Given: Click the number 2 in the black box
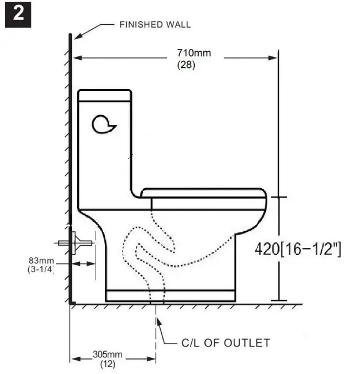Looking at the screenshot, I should click(x=18, y=14).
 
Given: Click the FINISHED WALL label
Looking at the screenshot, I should click(x=154, y=25).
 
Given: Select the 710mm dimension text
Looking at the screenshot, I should click(x=194, y=54).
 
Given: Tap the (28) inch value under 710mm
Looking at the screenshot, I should click(x=185, y=65).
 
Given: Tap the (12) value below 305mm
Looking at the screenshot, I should click(x=108, y=364).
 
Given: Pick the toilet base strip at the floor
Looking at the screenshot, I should click(x=170, y=296).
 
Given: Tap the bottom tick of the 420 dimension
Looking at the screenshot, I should click(x=279, y=300).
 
